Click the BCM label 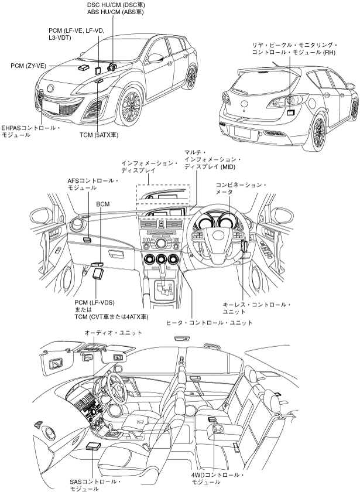coord(103,204)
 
